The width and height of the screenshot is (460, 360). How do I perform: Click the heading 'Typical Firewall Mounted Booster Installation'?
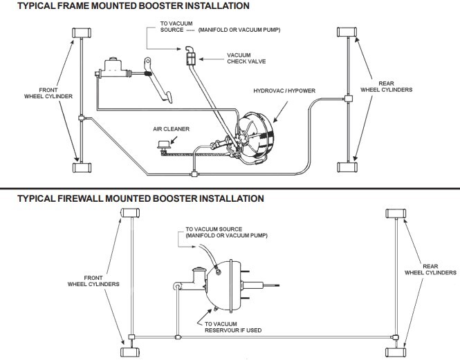[x=132, y=198]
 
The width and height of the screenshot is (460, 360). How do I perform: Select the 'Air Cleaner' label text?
[x=172, y=129]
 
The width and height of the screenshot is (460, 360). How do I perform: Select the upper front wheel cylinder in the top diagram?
[x=82, y=33]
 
